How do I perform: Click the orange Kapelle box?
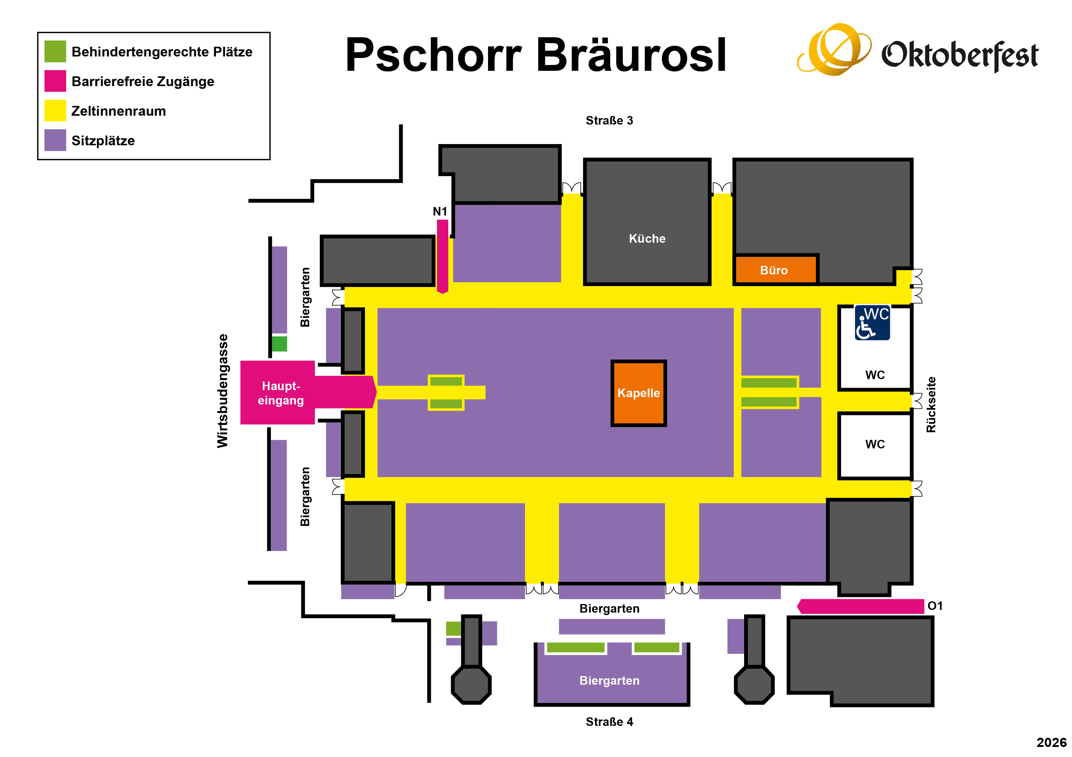638,393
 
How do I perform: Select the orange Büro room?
776,269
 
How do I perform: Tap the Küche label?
647,238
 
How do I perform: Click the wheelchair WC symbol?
872,323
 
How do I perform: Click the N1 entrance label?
440,211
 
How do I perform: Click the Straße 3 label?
609,120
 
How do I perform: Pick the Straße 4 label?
609,722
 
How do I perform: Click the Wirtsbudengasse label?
223,391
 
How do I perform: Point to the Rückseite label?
931,404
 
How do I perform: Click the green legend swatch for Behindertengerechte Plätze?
55,51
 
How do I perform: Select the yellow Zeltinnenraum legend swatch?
55,110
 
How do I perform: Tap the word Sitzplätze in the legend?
103,140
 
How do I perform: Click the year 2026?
1052,742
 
